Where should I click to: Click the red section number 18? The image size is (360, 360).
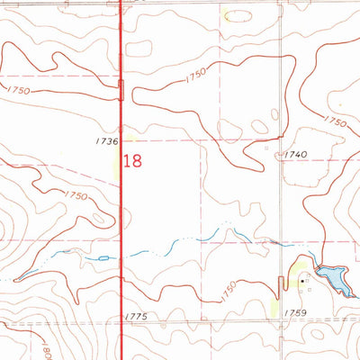(x=133, y=161)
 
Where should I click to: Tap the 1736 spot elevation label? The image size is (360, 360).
(x=105, y=141)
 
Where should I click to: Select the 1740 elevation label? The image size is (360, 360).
(x=295, y=155)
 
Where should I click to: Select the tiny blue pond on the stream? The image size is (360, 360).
(x=103, y=258)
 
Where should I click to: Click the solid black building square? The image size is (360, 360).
(x=302, y=280)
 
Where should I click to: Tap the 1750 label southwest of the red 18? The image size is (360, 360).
(x=75, y=195)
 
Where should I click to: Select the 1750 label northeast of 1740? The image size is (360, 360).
(x=335, y=121)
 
